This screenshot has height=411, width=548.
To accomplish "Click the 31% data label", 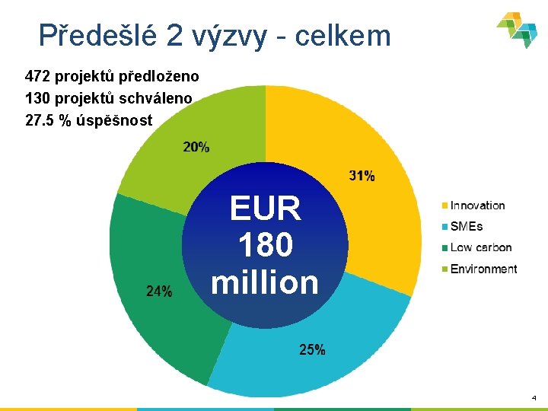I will click(x=362, y=176).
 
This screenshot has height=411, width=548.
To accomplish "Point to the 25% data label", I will click(x=312, y=350).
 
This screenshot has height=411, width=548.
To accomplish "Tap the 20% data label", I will click(x=196, y=147).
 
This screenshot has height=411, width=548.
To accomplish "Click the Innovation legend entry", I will click(x=477, y=205).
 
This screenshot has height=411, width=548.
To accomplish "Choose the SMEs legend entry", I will click(x=466, y=226).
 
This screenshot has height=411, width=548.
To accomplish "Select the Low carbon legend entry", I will click(x=480, y=247).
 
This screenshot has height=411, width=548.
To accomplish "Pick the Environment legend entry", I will click(x=483, y=269).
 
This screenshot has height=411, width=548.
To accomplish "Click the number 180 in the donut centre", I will click(x=265, y=245).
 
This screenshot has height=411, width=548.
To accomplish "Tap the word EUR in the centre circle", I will click(x=265, y=209).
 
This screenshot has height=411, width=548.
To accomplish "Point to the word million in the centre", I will click(x=265, y=282).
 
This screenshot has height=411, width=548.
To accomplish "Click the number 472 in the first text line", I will click(x=38, y=76).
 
